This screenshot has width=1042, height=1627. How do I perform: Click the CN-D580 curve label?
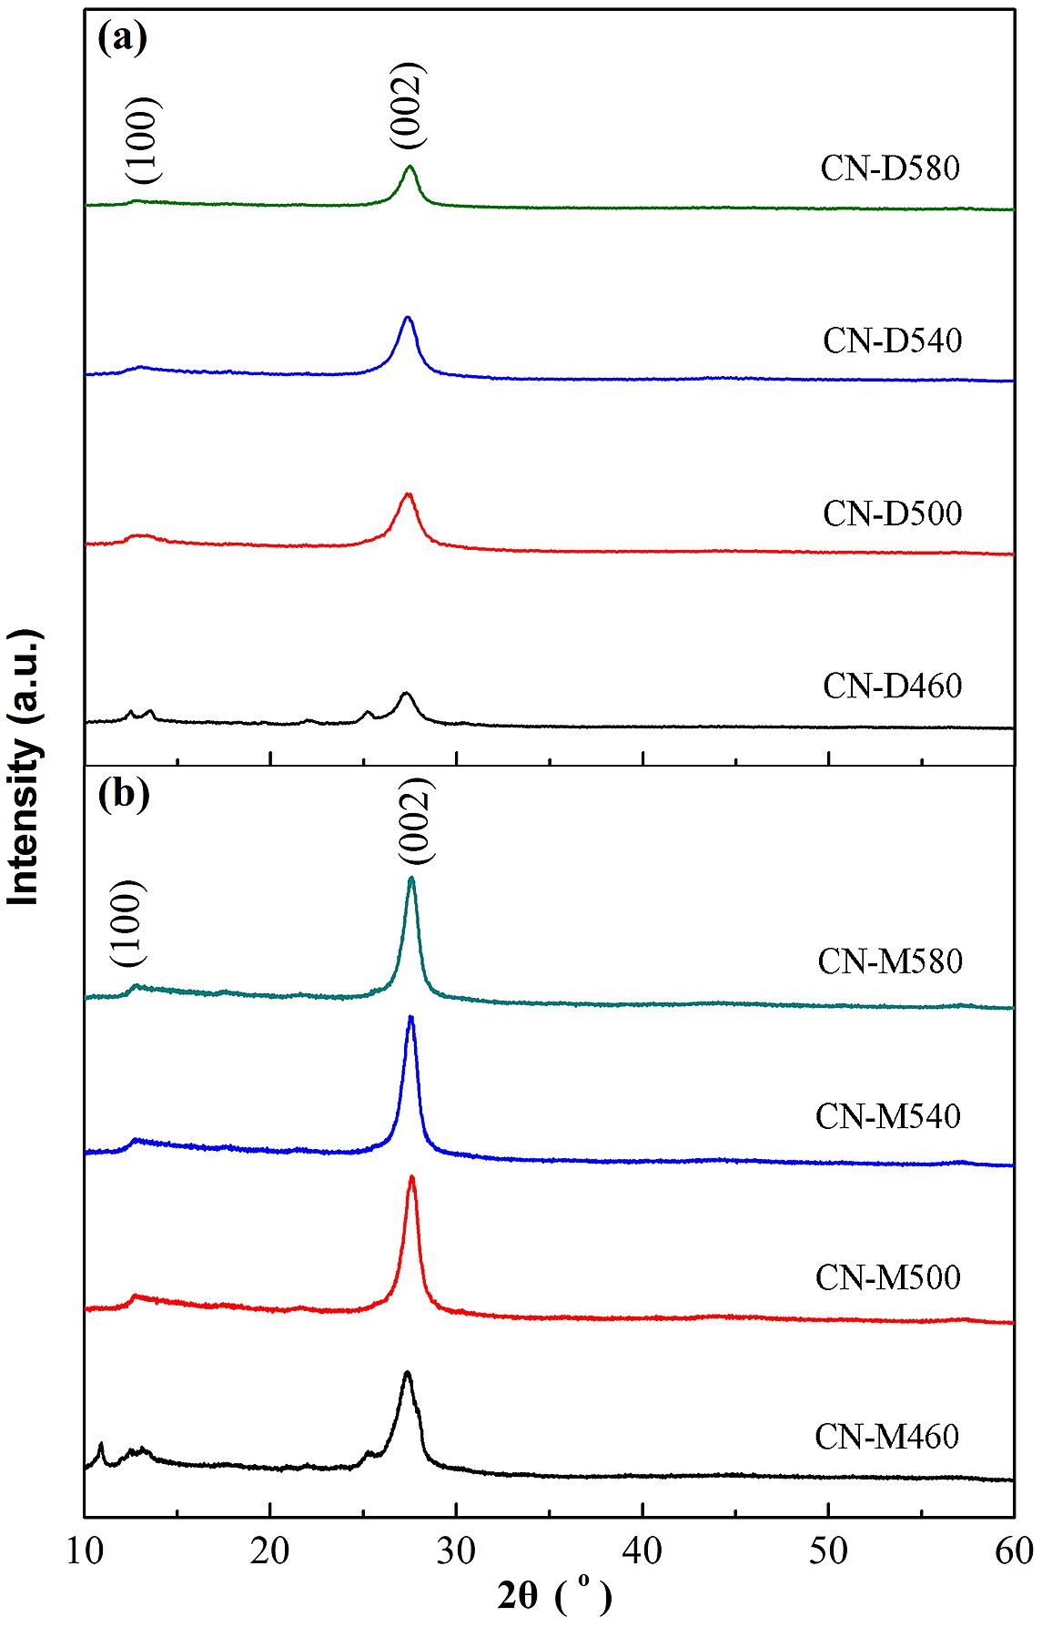point(890,168)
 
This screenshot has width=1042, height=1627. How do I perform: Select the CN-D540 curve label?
point(892,341)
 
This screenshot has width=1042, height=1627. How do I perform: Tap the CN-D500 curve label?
point(892,514)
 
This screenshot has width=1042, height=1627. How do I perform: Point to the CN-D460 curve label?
point(892,686)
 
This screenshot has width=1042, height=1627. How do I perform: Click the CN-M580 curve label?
point(890,961)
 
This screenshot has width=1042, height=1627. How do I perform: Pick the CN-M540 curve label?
point(888,1116)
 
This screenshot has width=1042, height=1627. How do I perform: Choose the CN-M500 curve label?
point(888,1277)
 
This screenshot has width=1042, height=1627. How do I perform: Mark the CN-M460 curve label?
point(887,1437)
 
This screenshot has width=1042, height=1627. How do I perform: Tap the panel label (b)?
point(124,794)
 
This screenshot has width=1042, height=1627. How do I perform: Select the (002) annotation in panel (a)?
point(406,106)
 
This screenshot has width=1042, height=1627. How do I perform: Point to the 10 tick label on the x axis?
point(85,1551)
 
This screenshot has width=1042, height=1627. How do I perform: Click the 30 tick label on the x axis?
point(456,1551)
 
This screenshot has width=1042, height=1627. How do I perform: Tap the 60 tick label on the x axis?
point(1013,1551)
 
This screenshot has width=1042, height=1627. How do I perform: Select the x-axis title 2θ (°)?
point(554,1595)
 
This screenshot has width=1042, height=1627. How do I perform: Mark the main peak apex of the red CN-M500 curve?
point(412,1177)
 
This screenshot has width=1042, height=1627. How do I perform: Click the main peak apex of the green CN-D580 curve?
point(410,167)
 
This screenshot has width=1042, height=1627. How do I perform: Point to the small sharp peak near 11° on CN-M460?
point(101,1444)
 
